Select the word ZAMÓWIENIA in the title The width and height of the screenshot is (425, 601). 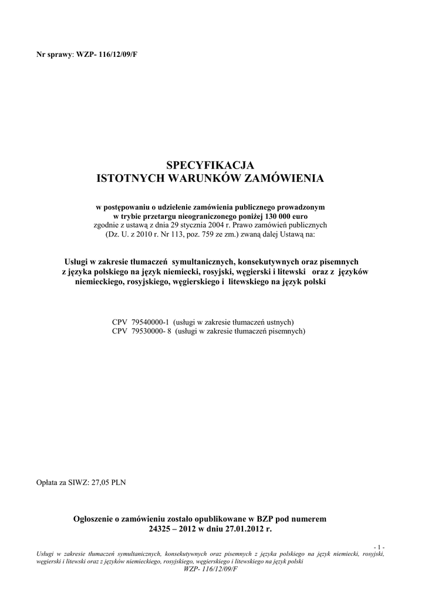284,177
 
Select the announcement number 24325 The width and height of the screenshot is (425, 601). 163,528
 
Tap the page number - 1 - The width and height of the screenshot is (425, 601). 379,547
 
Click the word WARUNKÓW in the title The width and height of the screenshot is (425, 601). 201,177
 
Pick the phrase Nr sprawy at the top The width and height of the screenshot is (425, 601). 53,55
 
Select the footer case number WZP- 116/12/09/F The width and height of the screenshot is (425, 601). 211,569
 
